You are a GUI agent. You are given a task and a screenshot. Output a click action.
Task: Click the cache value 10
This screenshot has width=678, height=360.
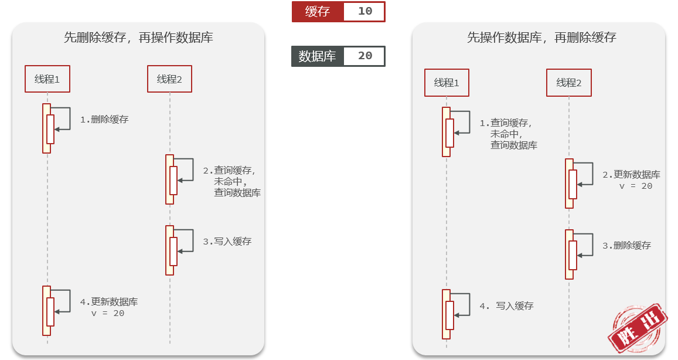tap(365, 11)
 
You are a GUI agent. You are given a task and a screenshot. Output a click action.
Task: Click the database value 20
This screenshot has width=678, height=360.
tap(365, 56)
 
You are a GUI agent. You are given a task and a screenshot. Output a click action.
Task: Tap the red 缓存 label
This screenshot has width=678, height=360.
tap(318, 12)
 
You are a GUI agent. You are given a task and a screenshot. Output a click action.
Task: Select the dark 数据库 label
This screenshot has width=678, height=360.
tap(318, 56)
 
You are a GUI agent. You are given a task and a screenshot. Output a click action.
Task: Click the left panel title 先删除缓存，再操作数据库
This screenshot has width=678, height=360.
tap(138, 38)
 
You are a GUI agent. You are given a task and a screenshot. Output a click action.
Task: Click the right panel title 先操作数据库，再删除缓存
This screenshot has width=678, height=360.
tap(541, 38)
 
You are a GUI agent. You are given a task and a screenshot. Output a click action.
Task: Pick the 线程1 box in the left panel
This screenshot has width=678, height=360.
tap(47, 79)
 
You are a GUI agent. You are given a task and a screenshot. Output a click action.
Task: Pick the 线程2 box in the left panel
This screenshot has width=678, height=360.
tap(169, 79)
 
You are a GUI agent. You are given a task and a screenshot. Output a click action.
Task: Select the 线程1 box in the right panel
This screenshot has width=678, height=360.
tap(447, 83)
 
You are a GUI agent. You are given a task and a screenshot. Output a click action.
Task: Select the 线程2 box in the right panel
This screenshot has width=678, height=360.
tap(568, 83)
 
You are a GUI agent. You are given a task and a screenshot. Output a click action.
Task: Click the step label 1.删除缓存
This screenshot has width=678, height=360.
tap(104, 120)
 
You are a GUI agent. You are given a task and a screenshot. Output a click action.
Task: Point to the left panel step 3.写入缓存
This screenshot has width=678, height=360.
tap(227, 242)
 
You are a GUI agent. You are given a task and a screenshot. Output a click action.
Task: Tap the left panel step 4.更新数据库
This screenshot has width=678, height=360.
tap(109, 307)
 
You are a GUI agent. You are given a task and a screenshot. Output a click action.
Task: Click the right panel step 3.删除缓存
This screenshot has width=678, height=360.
tap(627, 245)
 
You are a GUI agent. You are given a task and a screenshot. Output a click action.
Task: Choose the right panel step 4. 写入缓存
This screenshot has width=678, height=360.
tap(506, 306)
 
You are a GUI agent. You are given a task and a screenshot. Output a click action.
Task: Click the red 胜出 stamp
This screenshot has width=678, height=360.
tap(638, 328)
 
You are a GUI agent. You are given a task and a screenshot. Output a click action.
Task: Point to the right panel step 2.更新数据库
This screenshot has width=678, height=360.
tap(631, 180)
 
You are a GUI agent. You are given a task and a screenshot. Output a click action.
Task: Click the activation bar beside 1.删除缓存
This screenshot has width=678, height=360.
tap(47, 128)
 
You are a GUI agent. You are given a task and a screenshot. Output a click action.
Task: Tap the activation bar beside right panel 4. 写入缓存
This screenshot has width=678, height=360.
tap(446, 314)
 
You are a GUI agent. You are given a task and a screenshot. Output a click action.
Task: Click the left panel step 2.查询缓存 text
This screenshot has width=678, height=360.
tap(232, 181)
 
